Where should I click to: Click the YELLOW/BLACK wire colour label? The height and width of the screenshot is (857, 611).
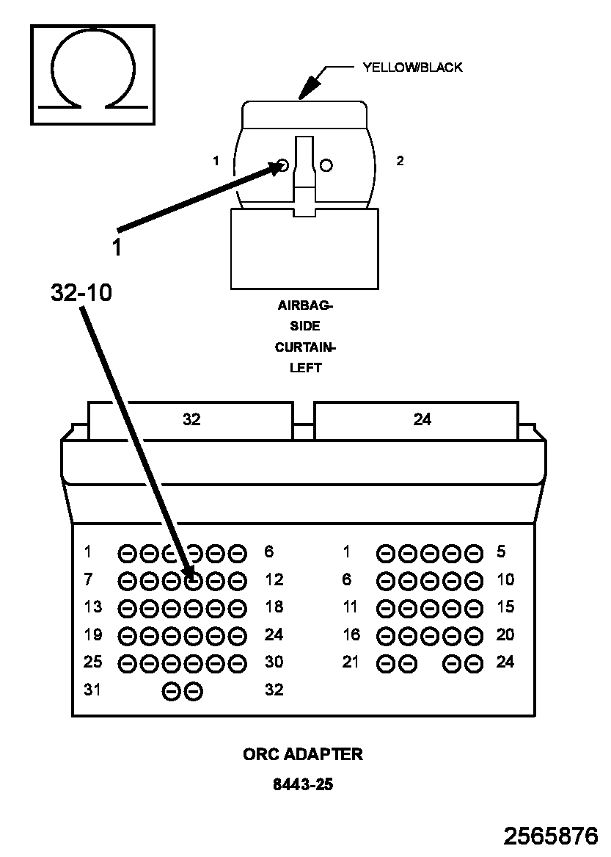412,68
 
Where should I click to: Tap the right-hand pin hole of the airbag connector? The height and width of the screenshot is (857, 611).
326,164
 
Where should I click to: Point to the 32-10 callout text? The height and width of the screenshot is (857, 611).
81,293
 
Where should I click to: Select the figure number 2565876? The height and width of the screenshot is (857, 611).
550,836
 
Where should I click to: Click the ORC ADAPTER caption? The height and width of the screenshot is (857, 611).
302,754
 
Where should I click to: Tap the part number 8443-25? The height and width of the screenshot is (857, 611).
303,784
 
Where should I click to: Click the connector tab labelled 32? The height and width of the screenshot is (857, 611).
191,420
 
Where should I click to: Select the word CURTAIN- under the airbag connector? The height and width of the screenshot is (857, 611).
304,347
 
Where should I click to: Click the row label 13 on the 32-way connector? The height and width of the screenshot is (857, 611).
93,607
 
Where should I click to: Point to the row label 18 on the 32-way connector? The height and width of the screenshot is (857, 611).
274,607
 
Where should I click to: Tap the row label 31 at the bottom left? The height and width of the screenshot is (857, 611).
92,690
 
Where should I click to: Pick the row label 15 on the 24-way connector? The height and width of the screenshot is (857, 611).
505,607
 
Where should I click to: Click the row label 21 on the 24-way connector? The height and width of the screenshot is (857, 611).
351,662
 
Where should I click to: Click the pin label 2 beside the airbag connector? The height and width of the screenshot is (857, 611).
400,161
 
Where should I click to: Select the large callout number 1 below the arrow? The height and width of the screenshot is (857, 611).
117,247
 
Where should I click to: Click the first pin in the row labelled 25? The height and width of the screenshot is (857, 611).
127,664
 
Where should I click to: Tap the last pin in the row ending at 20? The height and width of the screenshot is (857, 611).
474,636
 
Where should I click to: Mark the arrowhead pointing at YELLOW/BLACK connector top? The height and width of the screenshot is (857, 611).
310,87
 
